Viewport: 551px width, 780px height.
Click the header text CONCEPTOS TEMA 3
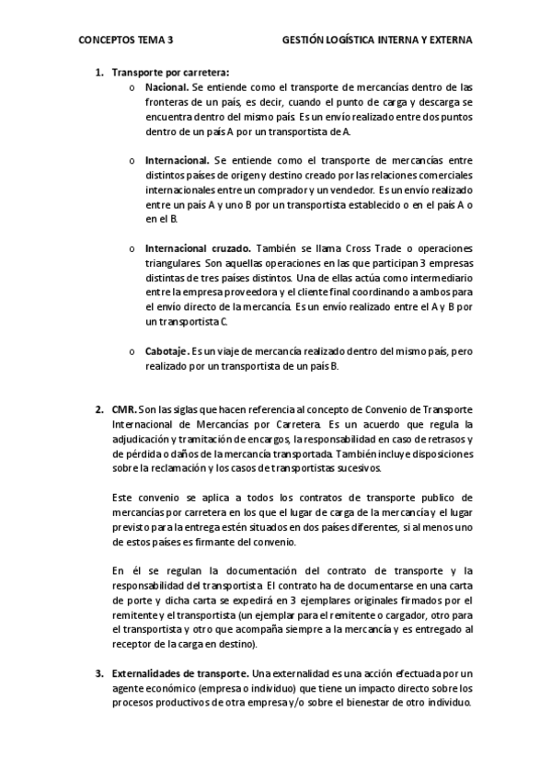pos(126,40)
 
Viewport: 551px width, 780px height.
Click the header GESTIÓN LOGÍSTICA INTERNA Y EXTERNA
pos(376,40)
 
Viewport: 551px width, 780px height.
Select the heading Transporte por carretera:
pos(170,72)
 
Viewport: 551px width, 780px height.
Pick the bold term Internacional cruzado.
pos(198,249)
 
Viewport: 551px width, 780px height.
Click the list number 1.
pos(98,72)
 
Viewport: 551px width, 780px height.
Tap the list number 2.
pos(98,408)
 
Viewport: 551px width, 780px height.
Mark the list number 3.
pos(98,673)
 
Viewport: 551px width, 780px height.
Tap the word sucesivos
pos(346,467)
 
